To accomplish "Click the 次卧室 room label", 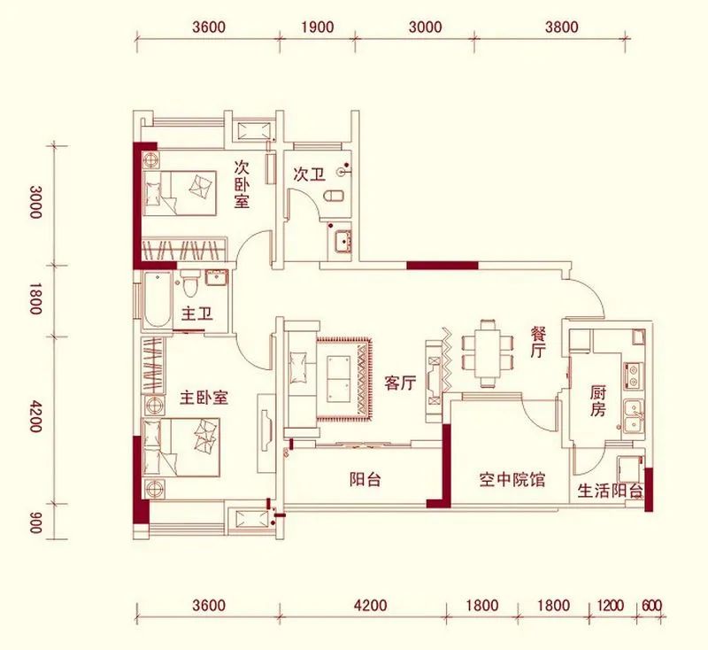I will pos(242,184).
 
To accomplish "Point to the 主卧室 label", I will pos(204,398).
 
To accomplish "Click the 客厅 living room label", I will pos(401,383).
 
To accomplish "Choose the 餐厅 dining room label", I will pos(537,342).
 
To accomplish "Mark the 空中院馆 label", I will pos(512,480).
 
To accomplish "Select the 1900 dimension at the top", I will pos(317,27).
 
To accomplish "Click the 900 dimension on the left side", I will pos(35,522).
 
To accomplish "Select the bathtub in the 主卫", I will pos(157,300).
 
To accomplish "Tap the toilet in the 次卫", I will pos(335,197).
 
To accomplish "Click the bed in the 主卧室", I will pos(181,447).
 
